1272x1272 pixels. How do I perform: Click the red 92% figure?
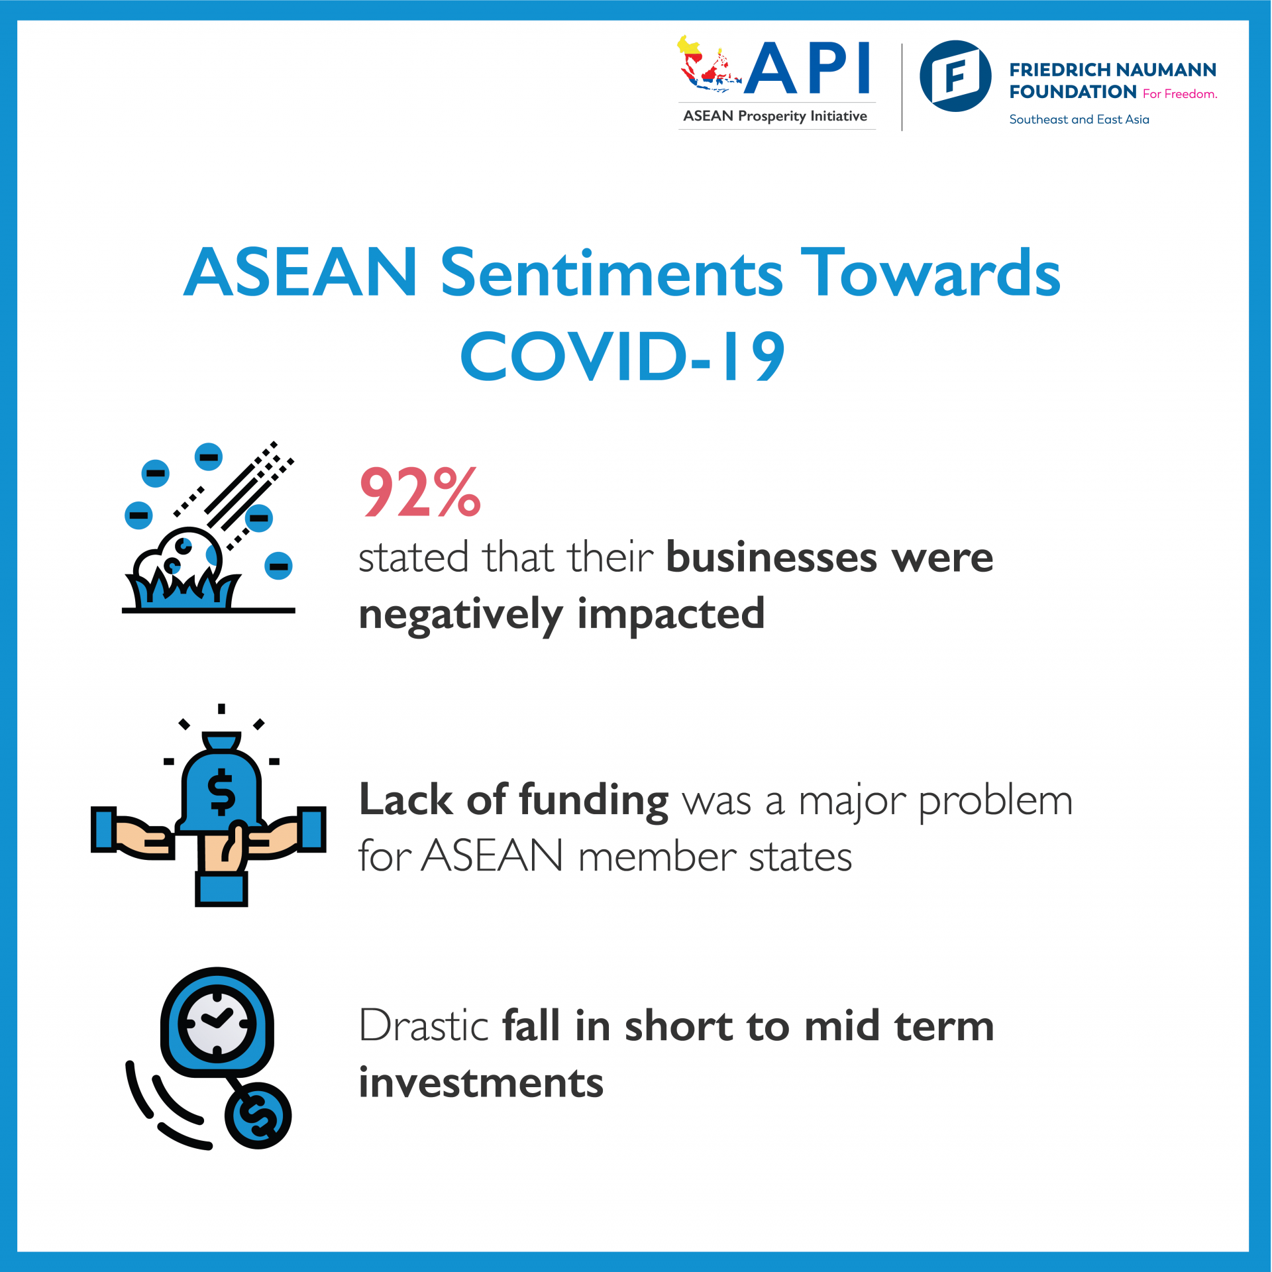[x=420, y=492]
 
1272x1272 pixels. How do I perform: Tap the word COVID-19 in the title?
[x=623, y=356]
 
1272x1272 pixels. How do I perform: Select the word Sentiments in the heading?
[x=611, y=272]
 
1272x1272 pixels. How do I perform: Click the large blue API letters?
[x=807, y=68]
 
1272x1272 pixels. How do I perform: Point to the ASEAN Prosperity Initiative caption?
[x=775, y=117]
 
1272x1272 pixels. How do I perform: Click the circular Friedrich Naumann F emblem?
[x=955, y=76]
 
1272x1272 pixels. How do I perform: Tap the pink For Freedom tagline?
[x=1180, y=94]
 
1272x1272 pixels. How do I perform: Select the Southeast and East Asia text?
[x=1079, y=120]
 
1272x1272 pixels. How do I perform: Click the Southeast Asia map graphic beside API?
[x=707, y=64]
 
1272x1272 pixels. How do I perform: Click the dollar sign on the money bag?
[x=221, y=792]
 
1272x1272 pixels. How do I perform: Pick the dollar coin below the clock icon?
[x=258, y=1116]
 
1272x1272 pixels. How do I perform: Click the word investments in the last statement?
[x=481, y=1083]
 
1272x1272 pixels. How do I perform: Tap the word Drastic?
[x=423, y=1026]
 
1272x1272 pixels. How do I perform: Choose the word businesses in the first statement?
[x=772, y=557]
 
